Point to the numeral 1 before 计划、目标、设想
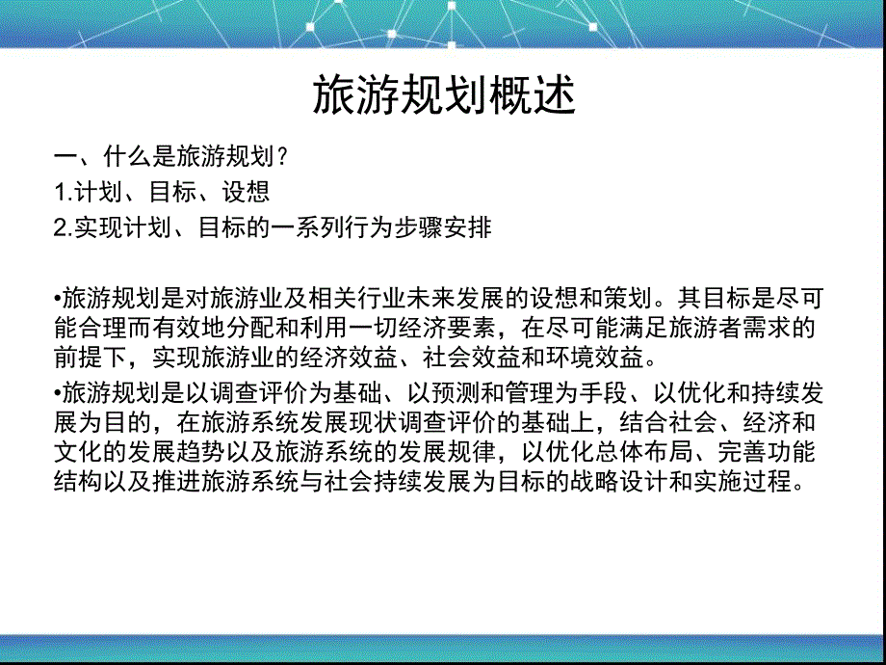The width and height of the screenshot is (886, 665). (60, 193)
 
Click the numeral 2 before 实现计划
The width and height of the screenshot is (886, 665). (60, 229)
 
